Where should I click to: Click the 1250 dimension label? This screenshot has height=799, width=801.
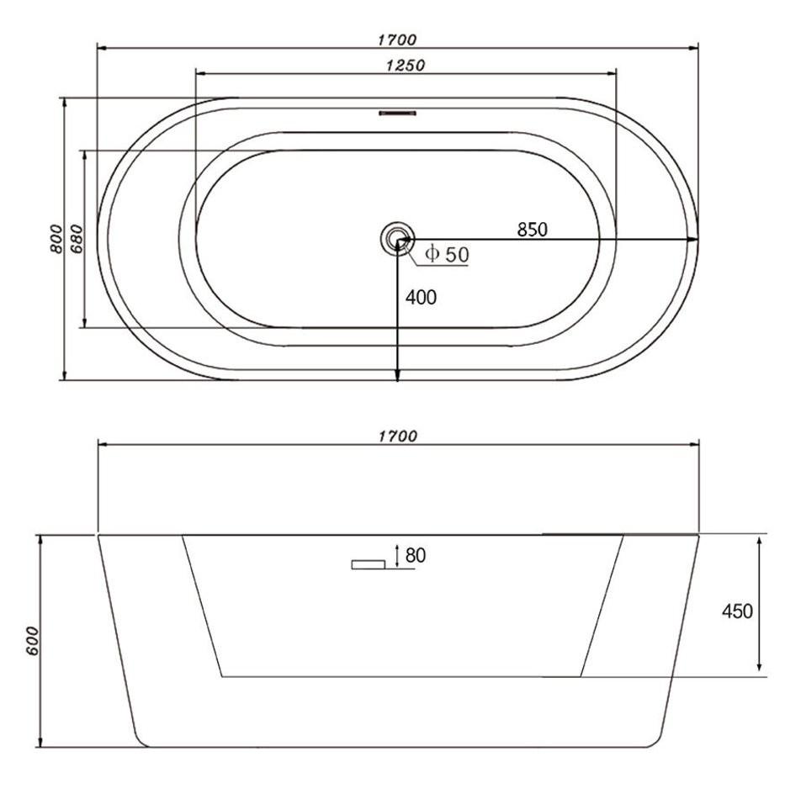coord(406,66)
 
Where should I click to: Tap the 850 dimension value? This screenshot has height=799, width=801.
coord(533,230)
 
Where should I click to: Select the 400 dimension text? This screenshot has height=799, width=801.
coord(421,297)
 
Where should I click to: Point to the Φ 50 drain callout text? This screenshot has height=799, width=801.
coord(447,254)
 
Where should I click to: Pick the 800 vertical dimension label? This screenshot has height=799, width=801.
coord(56,238)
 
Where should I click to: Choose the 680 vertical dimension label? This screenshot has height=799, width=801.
coord(76,238)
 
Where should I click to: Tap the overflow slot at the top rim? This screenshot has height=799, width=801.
coord(397,113)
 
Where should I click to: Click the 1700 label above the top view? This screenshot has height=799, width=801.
coord(397,40)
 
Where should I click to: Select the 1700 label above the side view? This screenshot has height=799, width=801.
coord(397,437)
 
